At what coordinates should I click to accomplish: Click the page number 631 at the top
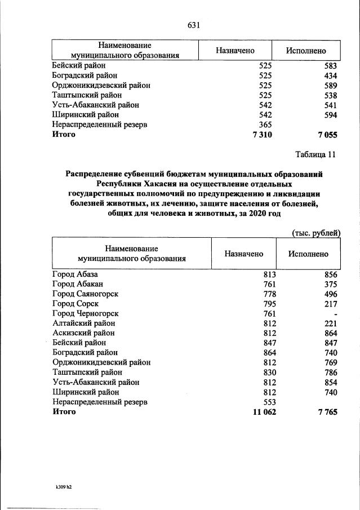194,25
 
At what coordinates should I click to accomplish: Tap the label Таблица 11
315,154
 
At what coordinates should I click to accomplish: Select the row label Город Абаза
75,274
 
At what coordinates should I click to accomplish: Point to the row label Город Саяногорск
85,294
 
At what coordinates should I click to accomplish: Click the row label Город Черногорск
85,313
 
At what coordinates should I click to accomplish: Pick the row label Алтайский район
83,323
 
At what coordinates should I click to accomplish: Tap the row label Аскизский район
83,333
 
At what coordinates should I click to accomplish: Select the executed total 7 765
327,412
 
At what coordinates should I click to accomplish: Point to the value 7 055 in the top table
327,135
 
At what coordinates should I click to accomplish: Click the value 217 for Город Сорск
330,304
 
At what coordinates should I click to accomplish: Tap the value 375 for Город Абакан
330,284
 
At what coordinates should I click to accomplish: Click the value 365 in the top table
265,125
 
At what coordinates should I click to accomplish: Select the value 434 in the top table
330,76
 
